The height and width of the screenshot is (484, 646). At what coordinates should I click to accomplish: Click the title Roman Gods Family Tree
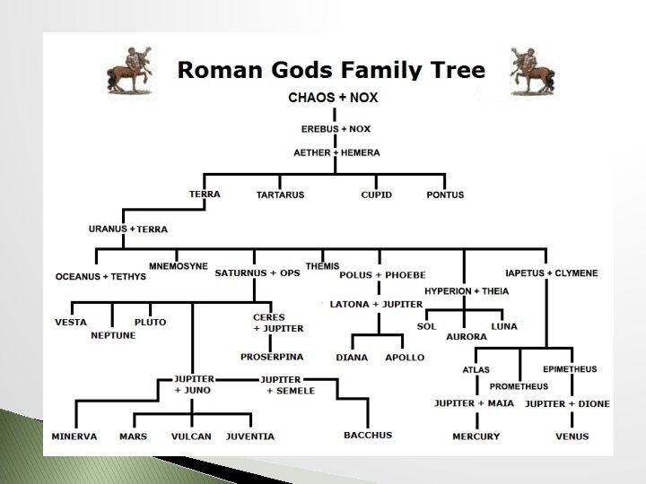(330, 70)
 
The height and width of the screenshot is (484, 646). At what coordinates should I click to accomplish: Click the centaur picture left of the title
(127, 68)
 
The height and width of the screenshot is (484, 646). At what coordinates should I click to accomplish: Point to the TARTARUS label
(281, 194)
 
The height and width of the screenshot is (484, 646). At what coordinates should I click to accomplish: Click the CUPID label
(376, 194)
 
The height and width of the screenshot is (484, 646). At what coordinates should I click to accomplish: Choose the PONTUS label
(445, 194)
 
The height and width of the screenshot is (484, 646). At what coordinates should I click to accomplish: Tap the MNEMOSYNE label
(178, 266)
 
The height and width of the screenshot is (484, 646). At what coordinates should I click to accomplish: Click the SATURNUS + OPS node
(258, 272)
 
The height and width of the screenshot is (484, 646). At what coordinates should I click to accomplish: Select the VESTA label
(71, 322)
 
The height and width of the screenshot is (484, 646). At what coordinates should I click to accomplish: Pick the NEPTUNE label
(113, 335)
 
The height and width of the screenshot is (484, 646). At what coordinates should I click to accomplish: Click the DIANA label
(352, 358)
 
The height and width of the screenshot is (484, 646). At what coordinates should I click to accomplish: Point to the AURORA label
(466, 337)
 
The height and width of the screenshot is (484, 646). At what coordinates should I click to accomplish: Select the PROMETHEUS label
(519, 386)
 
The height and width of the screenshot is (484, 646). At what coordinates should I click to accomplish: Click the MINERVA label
(74, 436)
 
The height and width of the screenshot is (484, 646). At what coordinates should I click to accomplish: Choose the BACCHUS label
(368, 436)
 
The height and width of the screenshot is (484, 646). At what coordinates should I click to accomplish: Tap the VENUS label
(572, 436)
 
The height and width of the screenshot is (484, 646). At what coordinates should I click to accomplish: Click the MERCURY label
(476, 436)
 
